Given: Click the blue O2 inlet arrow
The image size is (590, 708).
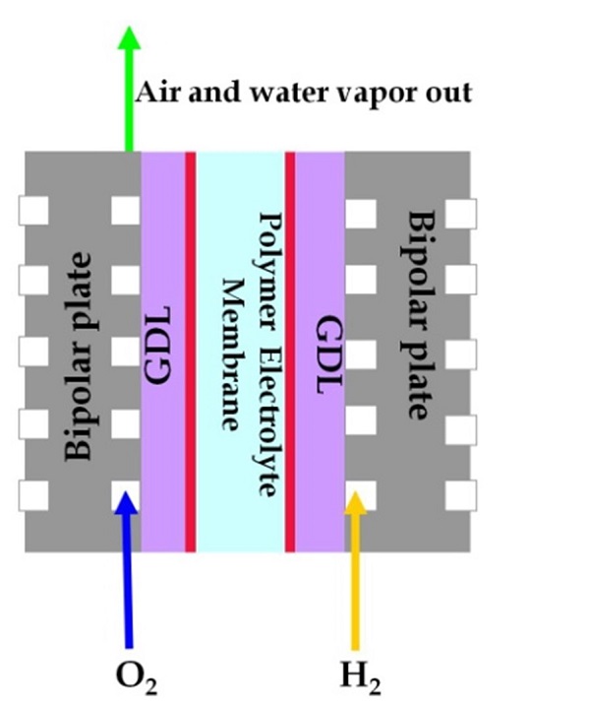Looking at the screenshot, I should click(x=127, y=571).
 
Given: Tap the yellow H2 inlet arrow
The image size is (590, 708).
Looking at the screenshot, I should click(x=357, y=571).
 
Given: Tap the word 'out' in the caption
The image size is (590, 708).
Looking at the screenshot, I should click(x=448, y=94).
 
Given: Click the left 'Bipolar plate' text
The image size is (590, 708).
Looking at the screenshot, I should click(x=80, y=355).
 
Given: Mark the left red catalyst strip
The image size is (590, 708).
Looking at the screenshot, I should click(x=191, y=351).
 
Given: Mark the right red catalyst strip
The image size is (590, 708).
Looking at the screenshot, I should click(x=291, y=351).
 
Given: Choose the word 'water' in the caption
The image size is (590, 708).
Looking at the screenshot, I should click(x=287, y=94).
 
